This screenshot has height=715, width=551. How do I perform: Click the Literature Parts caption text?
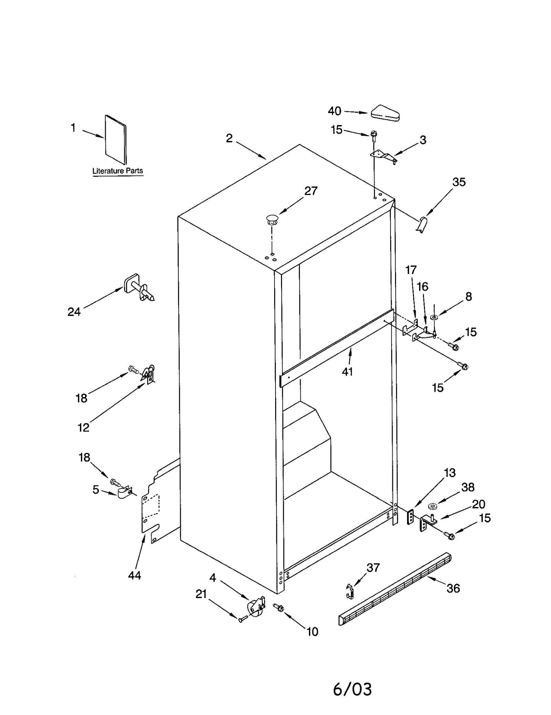point(117,171)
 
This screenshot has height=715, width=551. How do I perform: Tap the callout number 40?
point(334,111)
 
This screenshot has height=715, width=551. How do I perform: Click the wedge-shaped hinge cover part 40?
point(385,113)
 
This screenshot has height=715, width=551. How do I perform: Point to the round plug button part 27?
point(272,219)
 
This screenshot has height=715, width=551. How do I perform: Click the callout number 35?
point(459,182)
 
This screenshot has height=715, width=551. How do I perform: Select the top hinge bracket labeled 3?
point(383,155)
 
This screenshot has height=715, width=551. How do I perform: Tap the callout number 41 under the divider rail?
point(347,371)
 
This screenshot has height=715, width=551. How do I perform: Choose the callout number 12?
point(83,427)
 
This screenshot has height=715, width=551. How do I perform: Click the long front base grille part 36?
point(395,590)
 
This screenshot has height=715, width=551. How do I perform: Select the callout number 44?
point(134,575)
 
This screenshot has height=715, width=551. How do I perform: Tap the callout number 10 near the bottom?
point(312,632)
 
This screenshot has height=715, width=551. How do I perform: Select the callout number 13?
point(450,472)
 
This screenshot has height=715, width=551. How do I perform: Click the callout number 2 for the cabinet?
point(229,138)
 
